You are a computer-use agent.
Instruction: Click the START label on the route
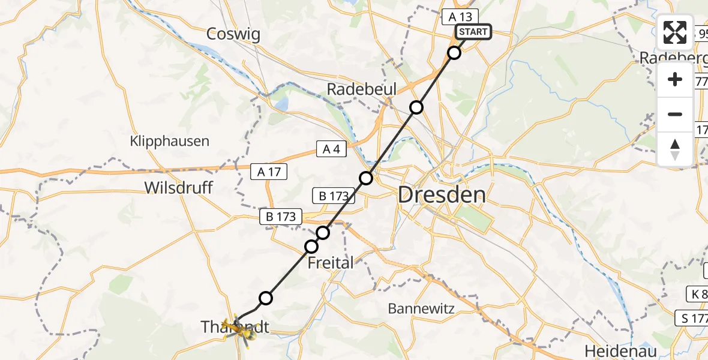coord(473,32)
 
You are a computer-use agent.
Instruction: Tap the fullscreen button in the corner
coord(675,32)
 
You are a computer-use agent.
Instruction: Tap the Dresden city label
coord(442,195)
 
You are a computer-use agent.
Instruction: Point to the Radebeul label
coord(361,89)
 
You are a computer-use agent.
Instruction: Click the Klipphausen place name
coord(170,142)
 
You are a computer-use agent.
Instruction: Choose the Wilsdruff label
coord(178,188)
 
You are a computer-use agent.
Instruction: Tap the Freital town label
coord(331,262)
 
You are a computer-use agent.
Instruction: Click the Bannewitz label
coord(421,309)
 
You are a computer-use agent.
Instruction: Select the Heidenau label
coord(620,351)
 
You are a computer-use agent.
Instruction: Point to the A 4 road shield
coord(332,149)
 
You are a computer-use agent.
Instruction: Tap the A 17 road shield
coord(269,172)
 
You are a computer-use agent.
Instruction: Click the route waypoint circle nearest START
coord(454,53)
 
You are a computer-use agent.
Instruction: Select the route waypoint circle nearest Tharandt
coord(266,298)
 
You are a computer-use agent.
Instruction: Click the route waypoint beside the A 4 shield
coord(366,178)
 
